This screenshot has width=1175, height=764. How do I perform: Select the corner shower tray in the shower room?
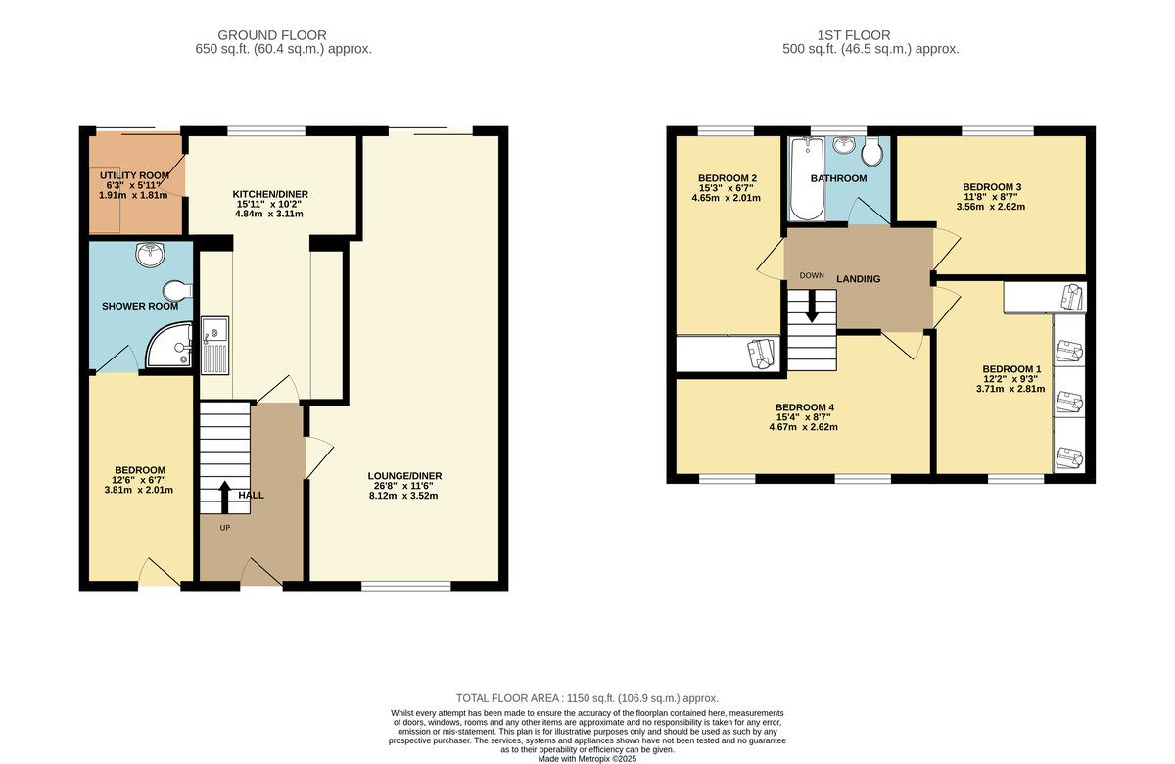pyautogui.click(x=168, y=348)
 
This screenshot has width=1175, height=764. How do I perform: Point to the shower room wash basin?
pyautogui.click(x=150, y=256)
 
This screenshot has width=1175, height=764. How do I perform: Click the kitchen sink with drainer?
pyautogui.click(x=214, y=346)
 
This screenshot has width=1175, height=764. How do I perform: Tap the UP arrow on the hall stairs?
pyautogui.click(x=224, y=497)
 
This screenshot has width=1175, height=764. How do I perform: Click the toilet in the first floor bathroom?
pyautogui.click(x=874, y=153)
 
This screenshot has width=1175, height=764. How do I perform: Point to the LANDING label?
pyautogui.click(x=858, y=279)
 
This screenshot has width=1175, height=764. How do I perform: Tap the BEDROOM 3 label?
pyautogui.click(x=992, y=186)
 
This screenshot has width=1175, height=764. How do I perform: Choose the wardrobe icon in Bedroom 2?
pyautogui.click(x=760, y=353)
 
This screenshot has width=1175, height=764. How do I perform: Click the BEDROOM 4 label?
pyautogui.click(x=804, y=407)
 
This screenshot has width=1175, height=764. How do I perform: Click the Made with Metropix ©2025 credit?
pyautogui.click(x=587, y=758)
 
